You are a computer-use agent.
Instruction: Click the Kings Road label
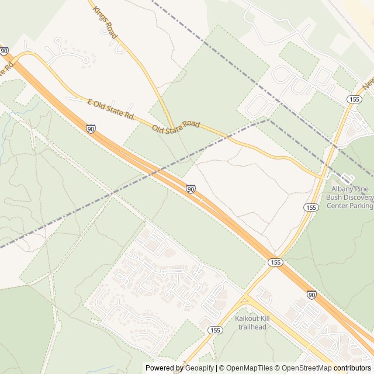[x=105, y=23]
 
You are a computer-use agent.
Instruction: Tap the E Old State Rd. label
[x=111, y=109]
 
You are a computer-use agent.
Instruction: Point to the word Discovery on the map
[x=357, y=198]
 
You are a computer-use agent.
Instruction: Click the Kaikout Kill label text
[x=252, y=318]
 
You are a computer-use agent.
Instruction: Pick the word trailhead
[x=252, y=327]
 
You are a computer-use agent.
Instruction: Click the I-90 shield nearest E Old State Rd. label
[x=91, y=128]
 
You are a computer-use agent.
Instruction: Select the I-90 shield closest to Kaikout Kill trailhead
[x=311, y=295]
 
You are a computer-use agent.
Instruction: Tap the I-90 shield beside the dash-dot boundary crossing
[x=191, y=189]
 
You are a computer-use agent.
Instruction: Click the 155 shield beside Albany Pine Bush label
[x=311, y=207]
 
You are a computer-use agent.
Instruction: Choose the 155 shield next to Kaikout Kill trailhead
[x=214, y=330]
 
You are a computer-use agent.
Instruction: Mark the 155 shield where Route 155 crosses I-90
[x=275, y=262]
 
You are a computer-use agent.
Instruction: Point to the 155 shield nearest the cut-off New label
[x=354, y=100]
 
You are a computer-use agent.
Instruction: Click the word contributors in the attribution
[x=352, y=368]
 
